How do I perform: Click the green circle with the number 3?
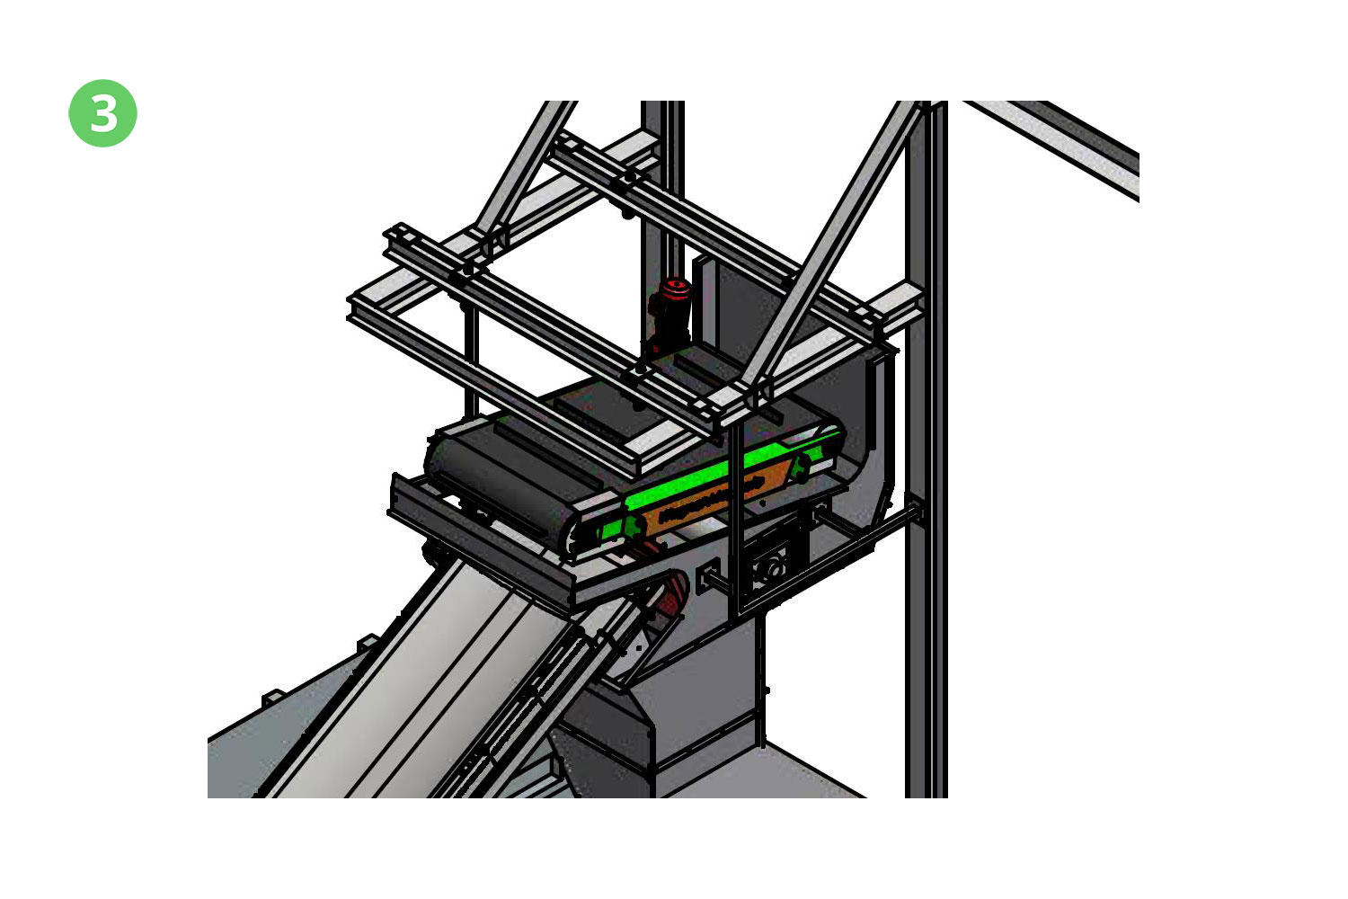(103, 113)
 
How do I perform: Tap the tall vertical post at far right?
(927, 449)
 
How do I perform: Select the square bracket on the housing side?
(708, 576)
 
